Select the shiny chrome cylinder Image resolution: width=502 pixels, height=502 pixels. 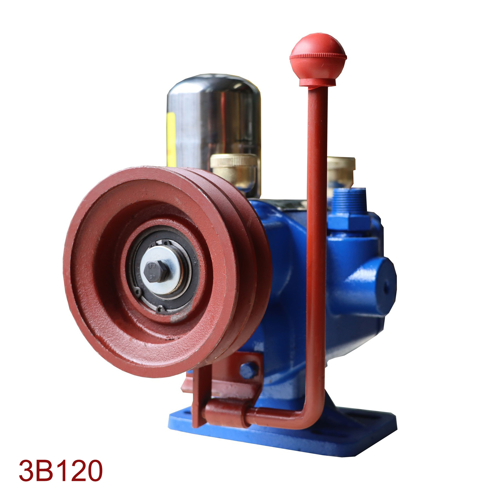tap(214, 125)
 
